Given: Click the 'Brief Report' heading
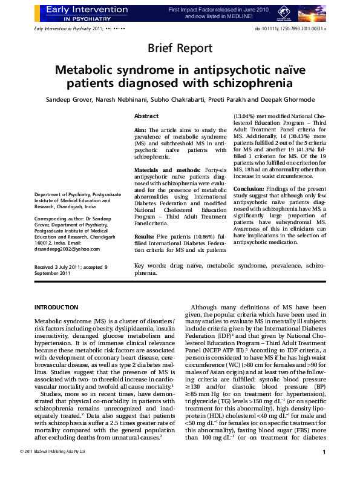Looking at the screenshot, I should click(180, 48).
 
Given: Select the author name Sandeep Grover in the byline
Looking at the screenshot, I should click(68, 99).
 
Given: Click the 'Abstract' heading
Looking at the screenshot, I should click(146, 116).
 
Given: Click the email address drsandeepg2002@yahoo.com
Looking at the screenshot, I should click(67, 249).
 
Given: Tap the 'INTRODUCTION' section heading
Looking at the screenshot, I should click(56, 308).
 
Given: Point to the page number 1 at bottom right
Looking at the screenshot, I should click(324, 469).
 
